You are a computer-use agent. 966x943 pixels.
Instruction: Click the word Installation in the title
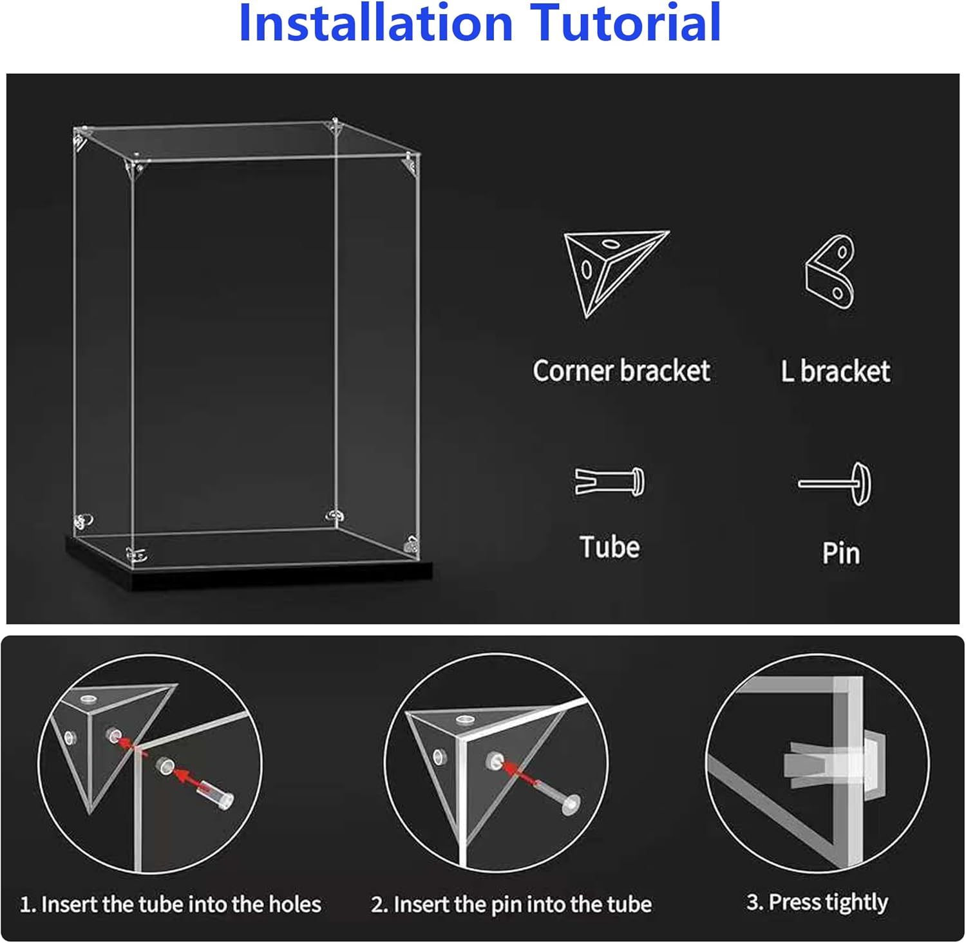tap(375, 23)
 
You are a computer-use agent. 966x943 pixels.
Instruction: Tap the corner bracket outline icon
tap(616, 274)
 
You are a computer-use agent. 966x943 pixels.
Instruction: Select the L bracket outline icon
tap(830, 272)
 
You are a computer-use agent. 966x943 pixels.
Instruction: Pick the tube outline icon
tap(609, 481)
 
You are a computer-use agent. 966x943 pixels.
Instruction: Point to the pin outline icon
tap(835, 483)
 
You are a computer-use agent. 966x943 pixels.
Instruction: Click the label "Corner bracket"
tap(621, 371)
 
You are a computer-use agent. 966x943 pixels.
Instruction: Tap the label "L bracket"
tap(836, 371)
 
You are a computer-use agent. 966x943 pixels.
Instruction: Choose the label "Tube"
tap(610, 547)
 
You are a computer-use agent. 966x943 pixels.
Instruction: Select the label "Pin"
tap(841, 553)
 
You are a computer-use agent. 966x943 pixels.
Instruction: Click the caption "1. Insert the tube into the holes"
tap(171, 904)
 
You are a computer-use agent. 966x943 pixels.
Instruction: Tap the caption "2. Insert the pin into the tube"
tap(511, 904)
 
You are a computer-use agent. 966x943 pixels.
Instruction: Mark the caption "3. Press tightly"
tap(817, 902)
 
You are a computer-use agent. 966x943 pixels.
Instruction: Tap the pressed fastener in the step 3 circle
tap(834, 765)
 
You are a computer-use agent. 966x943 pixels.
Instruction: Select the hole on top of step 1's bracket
tap(88, 698)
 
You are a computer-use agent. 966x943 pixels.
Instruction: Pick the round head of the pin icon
tap(861, 484)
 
